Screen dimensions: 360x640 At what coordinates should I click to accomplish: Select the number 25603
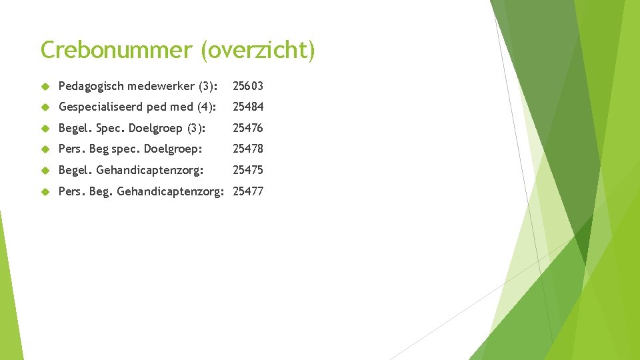click(248, 86)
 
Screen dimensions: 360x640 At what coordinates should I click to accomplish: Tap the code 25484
click(248, 107)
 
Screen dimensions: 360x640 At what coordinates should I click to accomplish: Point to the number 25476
click(248, 128)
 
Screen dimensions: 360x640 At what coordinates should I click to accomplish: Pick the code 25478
click(248, 149)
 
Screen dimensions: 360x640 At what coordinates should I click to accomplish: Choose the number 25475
click(248, 170)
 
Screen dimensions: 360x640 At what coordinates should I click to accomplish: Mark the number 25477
click(248, 191)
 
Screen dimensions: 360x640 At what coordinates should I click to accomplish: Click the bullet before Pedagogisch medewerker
click(45, 87)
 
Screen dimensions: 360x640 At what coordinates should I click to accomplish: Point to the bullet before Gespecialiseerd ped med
click(45, 107)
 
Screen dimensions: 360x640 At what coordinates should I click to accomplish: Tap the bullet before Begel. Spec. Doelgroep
click(45, 129)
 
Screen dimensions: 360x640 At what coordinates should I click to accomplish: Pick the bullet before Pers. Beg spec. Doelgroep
click(45, 149)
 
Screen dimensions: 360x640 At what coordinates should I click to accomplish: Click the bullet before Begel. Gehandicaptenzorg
click(45, 171)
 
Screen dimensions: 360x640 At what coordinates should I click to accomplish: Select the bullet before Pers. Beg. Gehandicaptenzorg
click(45, 192)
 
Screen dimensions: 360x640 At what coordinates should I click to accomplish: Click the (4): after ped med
click(205, 107)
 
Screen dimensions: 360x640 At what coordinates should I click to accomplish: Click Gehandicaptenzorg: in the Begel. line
click(150, 171)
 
